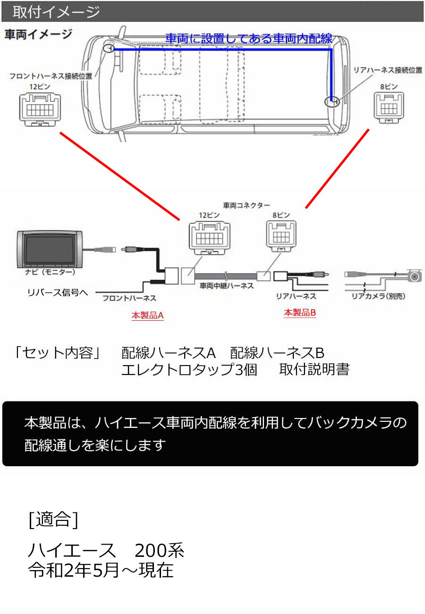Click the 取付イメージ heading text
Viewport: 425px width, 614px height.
56,12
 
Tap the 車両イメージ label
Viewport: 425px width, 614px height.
38,34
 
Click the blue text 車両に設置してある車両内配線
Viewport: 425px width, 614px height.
249,38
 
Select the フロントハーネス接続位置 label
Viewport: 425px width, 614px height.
51,76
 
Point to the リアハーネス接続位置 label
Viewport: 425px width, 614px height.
388,70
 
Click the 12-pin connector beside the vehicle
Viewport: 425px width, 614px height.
40,109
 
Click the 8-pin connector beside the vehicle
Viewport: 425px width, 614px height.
389,107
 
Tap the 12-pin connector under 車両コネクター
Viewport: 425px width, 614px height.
210,238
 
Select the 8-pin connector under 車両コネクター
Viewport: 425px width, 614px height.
281,236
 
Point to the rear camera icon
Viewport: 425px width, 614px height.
416,275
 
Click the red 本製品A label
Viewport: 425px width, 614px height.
147,316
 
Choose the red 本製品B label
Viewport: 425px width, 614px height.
300,313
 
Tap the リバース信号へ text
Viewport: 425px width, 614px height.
58,292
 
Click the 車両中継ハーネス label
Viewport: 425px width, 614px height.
227,286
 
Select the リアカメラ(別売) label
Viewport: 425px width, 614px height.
378,296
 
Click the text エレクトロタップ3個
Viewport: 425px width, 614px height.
189,369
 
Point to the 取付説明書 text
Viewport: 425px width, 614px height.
314,369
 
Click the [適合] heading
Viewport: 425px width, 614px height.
53,520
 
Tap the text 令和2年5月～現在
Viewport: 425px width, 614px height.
101,570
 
